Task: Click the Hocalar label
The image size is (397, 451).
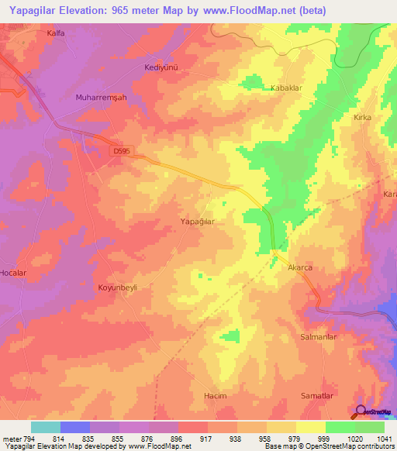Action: [x=13, y=274]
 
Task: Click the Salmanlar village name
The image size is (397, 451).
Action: [x=318, y=337]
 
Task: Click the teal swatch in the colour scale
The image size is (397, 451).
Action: [x=46, y=427]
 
